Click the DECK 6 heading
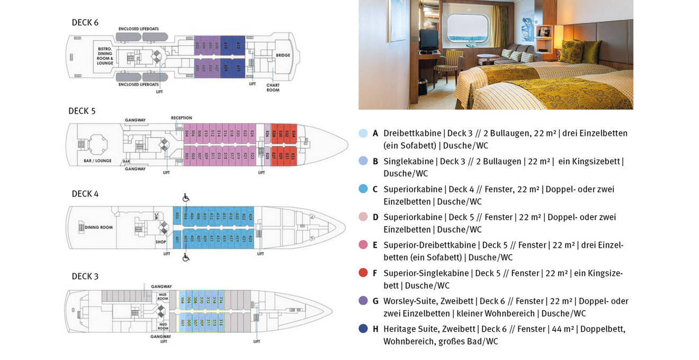[x=85, y=23]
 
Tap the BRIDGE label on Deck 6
[x=283, y=55]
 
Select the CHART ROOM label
[x=273, y=87]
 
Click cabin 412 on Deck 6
[x=238, y=46]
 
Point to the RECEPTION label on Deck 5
[x=181, y=118]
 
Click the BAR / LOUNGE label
[x=97, y=160]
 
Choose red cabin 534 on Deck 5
[x=293, y=133]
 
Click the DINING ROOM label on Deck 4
[x=98, y=227]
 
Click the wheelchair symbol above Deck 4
[x=186, y=197]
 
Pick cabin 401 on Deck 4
[x=177, y=239]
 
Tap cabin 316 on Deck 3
[x=220, y=300]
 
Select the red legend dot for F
[x=363, y=273]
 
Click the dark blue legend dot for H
[x=363, y=328]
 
